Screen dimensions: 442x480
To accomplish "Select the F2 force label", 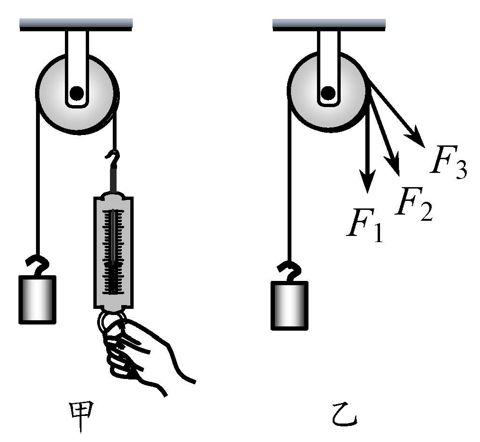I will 412,203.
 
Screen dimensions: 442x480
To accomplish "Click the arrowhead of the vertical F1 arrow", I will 367,182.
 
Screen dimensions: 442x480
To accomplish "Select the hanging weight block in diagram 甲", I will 37,299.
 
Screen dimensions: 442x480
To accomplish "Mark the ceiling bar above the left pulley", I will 76,24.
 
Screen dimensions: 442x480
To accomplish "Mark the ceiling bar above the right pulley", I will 329,24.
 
